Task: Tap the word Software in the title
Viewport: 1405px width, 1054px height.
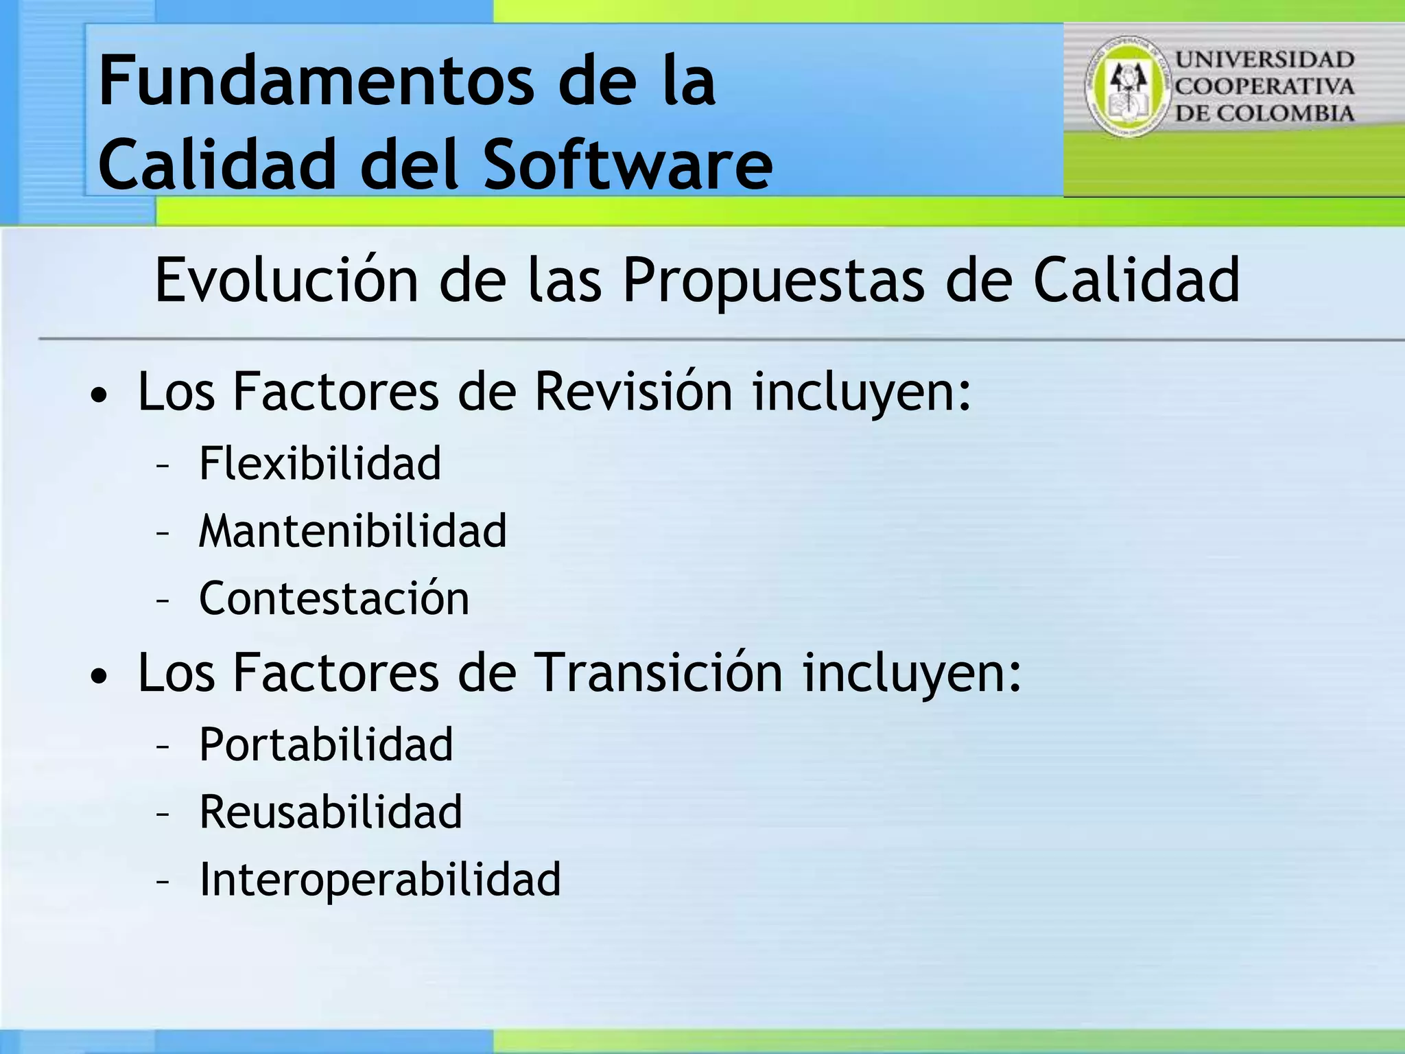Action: tap(628, 165)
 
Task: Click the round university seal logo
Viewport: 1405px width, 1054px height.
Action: tap(1126, 86)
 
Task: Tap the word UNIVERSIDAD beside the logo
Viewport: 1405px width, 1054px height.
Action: tap(1264, 60)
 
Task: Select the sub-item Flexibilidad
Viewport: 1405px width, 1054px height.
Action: tap(320, 463)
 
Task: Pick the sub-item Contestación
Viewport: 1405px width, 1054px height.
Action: tap(334, 598)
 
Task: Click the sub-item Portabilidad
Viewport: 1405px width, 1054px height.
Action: tap(326, 745)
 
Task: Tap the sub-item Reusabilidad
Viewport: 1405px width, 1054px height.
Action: tap(331, 812)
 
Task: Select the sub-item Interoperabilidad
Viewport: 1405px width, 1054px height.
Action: tap(380, 879)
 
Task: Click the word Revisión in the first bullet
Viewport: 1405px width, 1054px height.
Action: tap(633, 392)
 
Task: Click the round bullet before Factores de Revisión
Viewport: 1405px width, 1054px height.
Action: tap(99, 396)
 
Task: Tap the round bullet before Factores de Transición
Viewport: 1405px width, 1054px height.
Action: tap(99, 677)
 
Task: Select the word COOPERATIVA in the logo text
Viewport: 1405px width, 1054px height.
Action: tap(1264, 86)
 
